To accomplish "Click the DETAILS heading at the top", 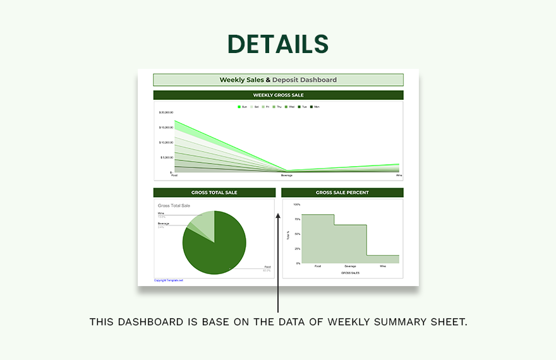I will coord(278,44).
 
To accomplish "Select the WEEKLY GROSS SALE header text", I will coord(278,95).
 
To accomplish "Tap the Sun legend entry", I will coord(243,107).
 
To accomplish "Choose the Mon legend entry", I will coord(315,107).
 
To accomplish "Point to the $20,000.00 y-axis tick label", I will coord(166,112).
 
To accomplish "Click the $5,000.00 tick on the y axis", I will coord(167,157).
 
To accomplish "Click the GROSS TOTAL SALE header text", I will coord(214,193).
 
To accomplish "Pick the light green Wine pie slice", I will coord(205,221).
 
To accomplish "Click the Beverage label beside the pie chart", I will coord(163,224).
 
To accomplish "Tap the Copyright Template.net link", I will coord(168,280).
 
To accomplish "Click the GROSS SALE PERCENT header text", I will coord(342,193).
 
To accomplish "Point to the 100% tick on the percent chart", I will coord(296,205).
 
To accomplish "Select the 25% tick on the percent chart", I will coord(297,248).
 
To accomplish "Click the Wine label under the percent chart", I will coord(383,267).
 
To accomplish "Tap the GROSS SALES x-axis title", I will coord(350,273).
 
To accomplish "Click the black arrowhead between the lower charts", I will coord(278,216).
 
